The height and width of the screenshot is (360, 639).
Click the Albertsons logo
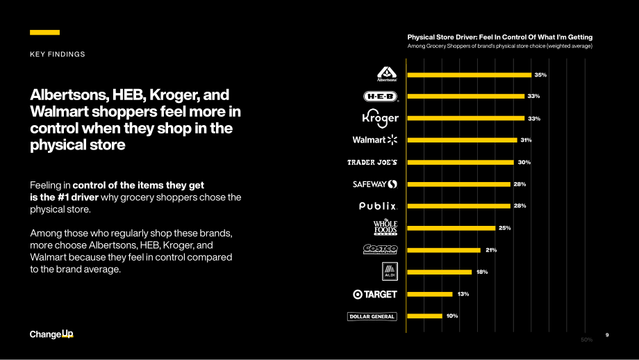(387, 74)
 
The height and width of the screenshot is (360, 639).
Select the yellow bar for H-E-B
(466, 96)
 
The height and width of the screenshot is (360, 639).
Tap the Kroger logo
(380, 118)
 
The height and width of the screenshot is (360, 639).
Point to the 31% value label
(526, 140)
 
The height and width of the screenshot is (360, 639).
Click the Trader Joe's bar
(460, 162)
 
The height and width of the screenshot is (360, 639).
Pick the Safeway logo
(375, 184)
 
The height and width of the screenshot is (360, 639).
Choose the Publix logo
(378, 206)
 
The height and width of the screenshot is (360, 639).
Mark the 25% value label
(504, 228)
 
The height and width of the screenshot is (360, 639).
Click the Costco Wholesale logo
(380, 249)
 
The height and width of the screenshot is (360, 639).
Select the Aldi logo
(390, 272)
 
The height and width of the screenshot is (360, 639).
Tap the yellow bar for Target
(429, 294)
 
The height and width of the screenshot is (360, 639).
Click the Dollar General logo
(372, 316)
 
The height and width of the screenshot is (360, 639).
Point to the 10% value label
(452, 316)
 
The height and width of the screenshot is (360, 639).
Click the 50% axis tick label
(587, 340)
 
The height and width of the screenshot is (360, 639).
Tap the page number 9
(607, 335)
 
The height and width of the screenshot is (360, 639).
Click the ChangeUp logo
(51, 334)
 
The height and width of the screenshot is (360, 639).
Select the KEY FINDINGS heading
(58, 54)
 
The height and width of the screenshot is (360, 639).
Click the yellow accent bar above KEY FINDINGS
(45, 32)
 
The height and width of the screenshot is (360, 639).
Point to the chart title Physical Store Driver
(500, 37)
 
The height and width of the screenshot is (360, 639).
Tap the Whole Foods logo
(385, 227)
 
